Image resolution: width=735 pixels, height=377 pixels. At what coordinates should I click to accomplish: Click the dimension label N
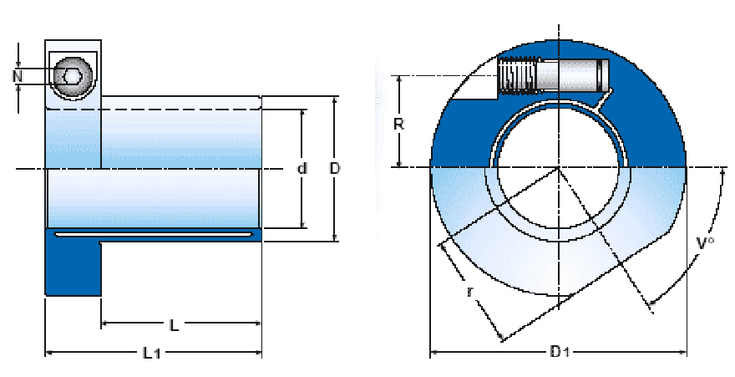pos(17,77)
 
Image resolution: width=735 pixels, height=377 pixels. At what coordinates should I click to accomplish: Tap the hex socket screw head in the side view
pos(70,77)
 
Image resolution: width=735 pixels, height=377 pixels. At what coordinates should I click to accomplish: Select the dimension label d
pos(302,169)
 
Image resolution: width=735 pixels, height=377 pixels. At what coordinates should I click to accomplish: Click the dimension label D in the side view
pos(335,169)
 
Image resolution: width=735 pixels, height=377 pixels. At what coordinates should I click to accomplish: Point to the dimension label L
pos(174,324)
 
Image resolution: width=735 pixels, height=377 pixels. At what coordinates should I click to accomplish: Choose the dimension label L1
pos(151,354)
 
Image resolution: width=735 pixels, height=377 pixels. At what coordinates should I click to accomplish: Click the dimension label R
pos(399,124)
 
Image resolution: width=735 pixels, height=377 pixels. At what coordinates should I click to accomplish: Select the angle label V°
pos(706,244)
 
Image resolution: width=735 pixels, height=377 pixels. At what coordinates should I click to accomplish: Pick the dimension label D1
pos(560,353)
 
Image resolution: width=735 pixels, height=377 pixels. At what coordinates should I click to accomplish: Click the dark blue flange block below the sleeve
pos(73,269)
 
